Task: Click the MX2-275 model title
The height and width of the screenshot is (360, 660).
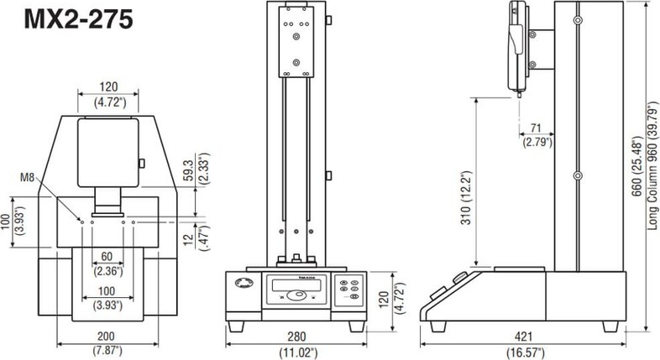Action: (79, 19)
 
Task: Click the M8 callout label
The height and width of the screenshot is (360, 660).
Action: (28, 177)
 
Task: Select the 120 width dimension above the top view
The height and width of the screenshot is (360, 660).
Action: (108, 87)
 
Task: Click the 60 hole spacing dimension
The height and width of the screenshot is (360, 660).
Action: (107, 257)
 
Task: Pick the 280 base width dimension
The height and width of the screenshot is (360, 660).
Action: (296, 337)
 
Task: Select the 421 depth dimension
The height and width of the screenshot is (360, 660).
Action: (523, 337)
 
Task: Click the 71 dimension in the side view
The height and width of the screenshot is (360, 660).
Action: (536, 128)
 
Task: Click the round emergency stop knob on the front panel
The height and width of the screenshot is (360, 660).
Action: (244, 283)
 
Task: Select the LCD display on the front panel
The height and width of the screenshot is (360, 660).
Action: (299, 284)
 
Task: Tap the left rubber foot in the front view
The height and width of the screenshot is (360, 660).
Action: (236, 326)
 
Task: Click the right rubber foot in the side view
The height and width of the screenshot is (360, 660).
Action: (610, 326)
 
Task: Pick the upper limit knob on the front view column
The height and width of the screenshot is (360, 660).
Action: (328, 20)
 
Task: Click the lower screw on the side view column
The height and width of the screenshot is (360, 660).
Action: (578, 175)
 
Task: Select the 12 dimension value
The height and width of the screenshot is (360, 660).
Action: (189, 239)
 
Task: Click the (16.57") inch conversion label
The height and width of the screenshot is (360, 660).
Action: (525, 352)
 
